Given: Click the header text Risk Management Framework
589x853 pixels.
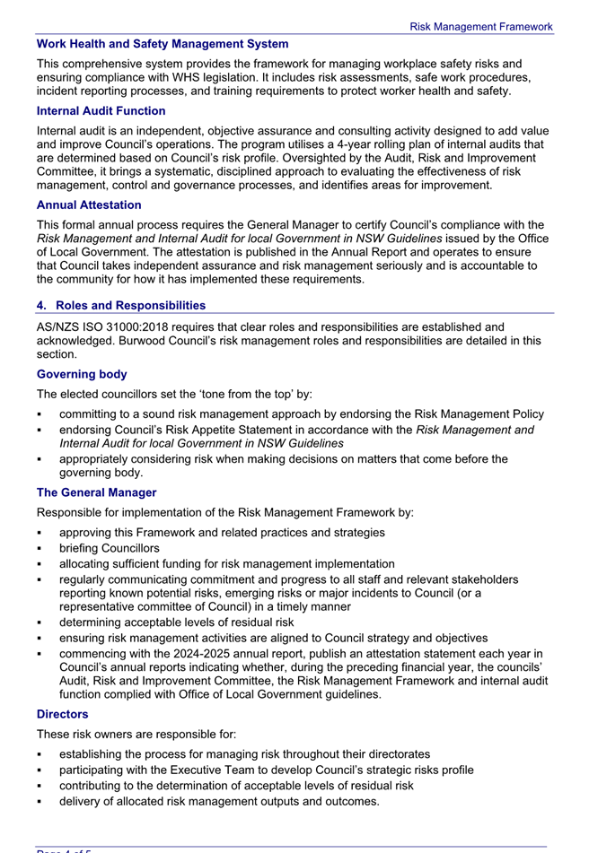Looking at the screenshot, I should pyautogui.click(x=480, y=27).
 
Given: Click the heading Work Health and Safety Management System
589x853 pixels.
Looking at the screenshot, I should pyautogui.click(x=163, y=44).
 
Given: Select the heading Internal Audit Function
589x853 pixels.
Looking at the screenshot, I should pyautogui.click(x=101, y=111).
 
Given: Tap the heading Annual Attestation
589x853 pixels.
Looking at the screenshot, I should pyautogui.click(x=89, y=205).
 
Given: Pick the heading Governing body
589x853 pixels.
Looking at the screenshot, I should pyautogui.click(x=82, y=374).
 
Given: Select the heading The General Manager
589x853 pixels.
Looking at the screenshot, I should pyautogui.click(x=96, y=492).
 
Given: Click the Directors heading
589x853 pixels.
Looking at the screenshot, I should pyautogui.click(x=62, y=714).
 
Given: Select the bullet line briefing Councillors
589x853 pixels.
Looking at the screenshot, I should pyautogui.click(x=109, y=548).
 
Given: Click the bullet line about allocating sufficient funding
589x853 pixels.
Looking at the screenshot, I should pyautogui.click(x=226, y=564).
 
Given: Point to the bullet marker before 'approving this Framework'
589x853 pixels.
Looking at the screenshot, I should pyautogui.click(x=40, y=533).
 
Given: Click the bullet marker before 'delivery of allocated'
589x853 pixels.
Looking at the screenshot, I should pyautogui.click(x=40, y=802).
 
